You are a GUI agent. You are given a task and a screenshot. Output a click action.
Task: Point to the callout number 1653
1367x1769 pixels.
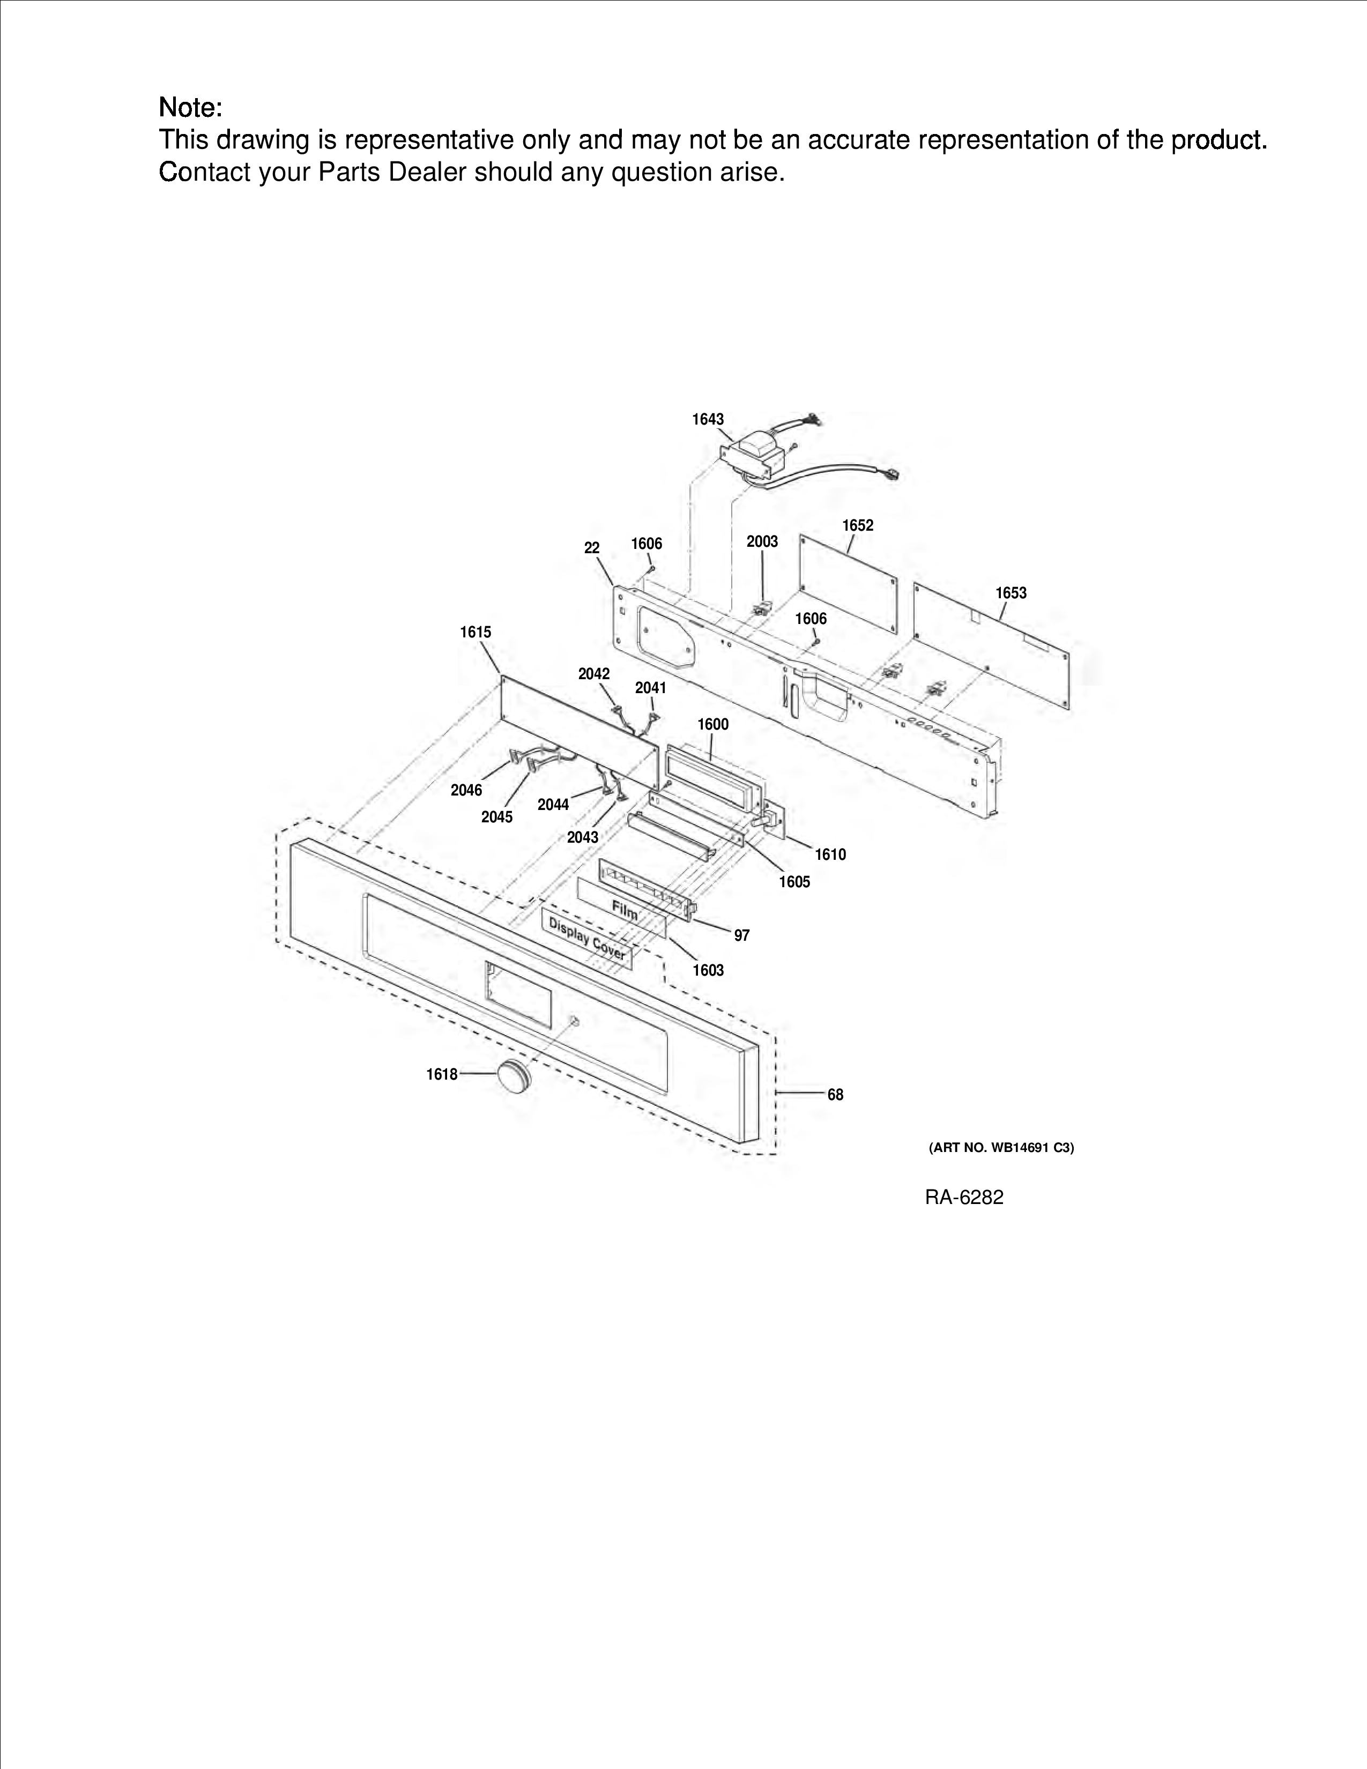coord(1011,593)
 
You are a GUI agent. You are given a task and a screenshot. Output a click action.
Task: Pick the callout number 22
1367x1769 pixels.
coord(592,548)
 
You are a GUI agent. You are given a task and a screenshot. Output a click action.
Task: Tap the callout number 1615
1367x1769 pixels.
coord(476,632)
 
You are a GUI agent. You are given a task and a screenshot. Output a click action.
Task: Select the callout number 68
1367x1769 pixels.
coord(835,1095)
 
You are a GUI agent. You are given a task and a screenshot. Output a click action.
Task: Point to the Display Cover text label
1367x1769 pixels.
coord(587,938)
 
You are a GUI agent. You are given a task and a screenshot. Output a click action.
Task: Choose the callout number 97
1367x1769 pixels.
coord(742,935)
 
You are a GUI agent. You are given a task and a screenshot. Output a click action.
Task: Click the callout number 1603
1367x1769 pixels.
coord(708,970)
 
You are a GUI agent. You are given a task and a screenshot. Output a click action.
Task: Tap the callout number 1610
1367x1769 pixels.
coord(830,854)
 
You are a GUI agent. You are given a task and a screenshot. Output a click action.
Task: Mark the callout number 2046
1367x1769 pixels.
coord(466,791)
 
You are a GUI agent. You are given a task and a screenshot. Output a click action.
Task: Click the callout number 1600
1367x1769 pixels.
coord(714,724)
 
